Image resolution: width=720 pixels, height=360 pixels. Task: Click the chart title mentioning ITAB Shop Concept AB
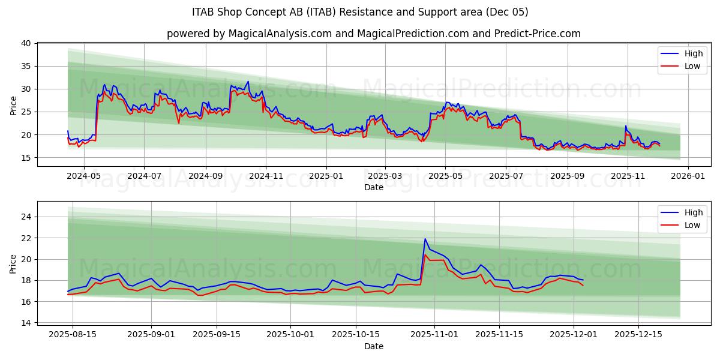point(360,12)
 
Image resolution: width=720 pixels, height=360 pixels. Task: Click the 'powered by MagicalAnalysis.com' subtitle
point(373,34)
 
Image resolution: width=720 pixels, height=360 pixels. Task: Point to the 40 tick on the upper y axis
point(26,43)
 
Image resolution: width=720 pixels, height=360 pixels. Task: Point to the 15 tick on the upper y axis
point(26,158)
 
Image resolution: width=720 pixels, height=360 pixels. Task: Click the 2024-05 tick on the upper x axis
point(83,176)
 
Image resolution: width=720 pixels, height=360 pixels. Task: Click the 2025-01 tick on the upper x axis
point(326,176)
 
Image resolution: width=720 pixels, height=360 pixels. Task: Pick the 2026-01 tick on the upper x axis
point(688,176)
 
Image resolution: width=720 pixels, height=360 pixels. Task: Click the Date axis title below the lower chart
point(373,346)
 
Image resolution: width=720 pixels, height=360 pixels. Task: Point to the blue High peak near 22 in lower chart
point(425,239)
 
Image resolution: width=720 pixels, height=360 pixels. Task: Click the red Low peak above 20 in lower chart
point(425,255)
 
